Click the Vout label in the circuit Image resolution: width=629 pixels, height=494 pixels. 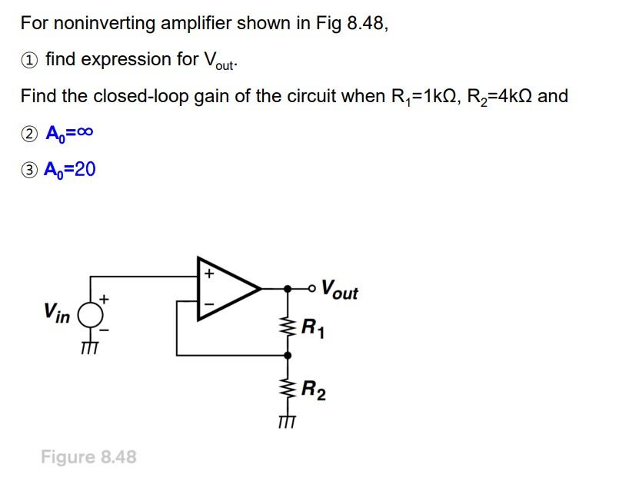tap(339, 290)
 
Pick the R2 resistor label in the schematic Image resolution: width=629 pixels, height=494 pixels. tap(313, 391)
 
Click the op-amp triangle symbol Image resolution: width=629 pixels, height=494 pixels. tap(228, 288)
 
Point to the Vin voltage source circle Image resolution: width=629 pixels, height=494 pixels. tap(91, 314)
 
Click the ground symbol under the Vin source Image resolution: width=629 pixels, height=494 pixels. tap(91, 347)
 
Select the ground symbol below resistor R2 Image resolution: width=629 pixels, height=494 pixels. tap(288, 421)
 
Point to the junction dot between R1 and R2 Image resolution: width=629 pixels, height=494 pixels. tap(288, 356)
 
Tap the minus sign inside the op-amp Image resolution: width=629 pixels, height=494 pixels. tap(208, 304)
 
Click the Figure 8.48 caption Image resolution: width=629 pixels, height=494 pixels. tap(88, 457)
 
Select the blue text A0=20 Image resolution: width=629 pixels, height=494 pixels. tap(71, 169)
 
